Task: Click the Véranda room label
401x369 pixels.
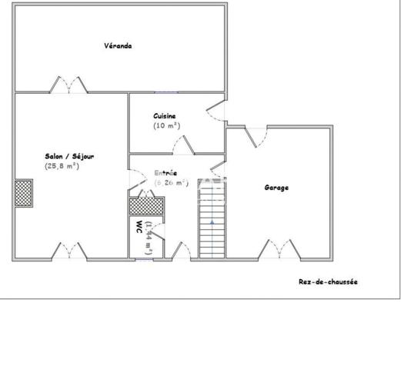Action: pos(118,46)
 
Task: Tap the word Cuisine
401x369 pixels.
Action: pos(165,115)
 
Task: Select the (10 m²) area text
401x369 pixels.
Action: pos(165,125)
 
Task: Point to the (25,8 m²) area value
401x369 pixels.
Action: pos(62,166)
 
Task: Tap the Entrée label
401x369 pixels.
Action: pos(165,173)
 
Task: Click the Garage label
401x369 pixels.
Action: pos(276,188)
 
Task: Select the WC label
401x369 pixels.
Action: pos(139,228)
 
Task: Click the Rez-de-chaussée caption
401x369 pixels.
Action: pos(328,281)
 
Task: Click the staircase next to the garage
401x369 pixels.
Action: pos(209,218)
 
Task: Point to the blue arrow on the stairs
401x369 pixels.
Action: pos(211,222)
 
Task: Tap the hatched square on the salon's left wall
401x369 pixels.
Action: pos(23,192)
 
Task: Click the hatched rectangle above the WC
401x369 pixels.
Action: pos(146,205)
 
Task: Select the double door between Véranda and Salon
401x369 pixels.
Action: pos(68,85)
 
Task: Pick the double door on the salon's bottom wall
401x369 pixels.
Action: pos(69,251)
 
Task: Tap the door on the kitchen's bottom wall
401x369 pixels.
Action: pos(183,145)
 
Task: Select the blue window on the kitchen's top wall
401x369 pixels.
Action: pos(165,92)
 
